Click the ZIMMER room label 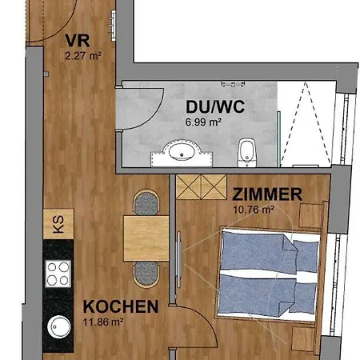[267, 193]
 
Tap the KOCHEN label [121, 306]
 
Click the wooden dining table [146, 237]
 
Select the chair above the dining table [146, 202]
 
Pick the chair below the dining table [146, 273]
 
